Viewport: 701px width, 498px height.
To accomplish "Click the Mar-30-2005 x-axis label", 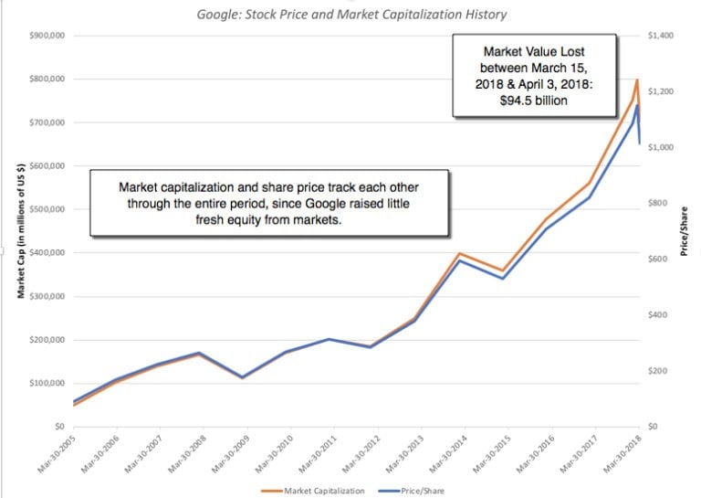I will tap(58, 453).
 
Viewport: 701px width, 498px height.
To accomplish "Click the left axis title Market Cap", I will tap(20, 231).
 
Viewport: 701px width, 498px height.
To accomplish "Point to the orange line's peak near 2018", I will tap(637, 80).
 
